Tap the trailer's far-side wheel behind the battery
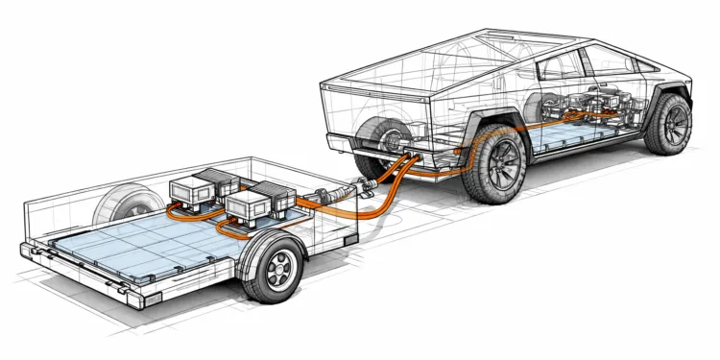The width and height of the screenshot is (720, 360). pos(120,204)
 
